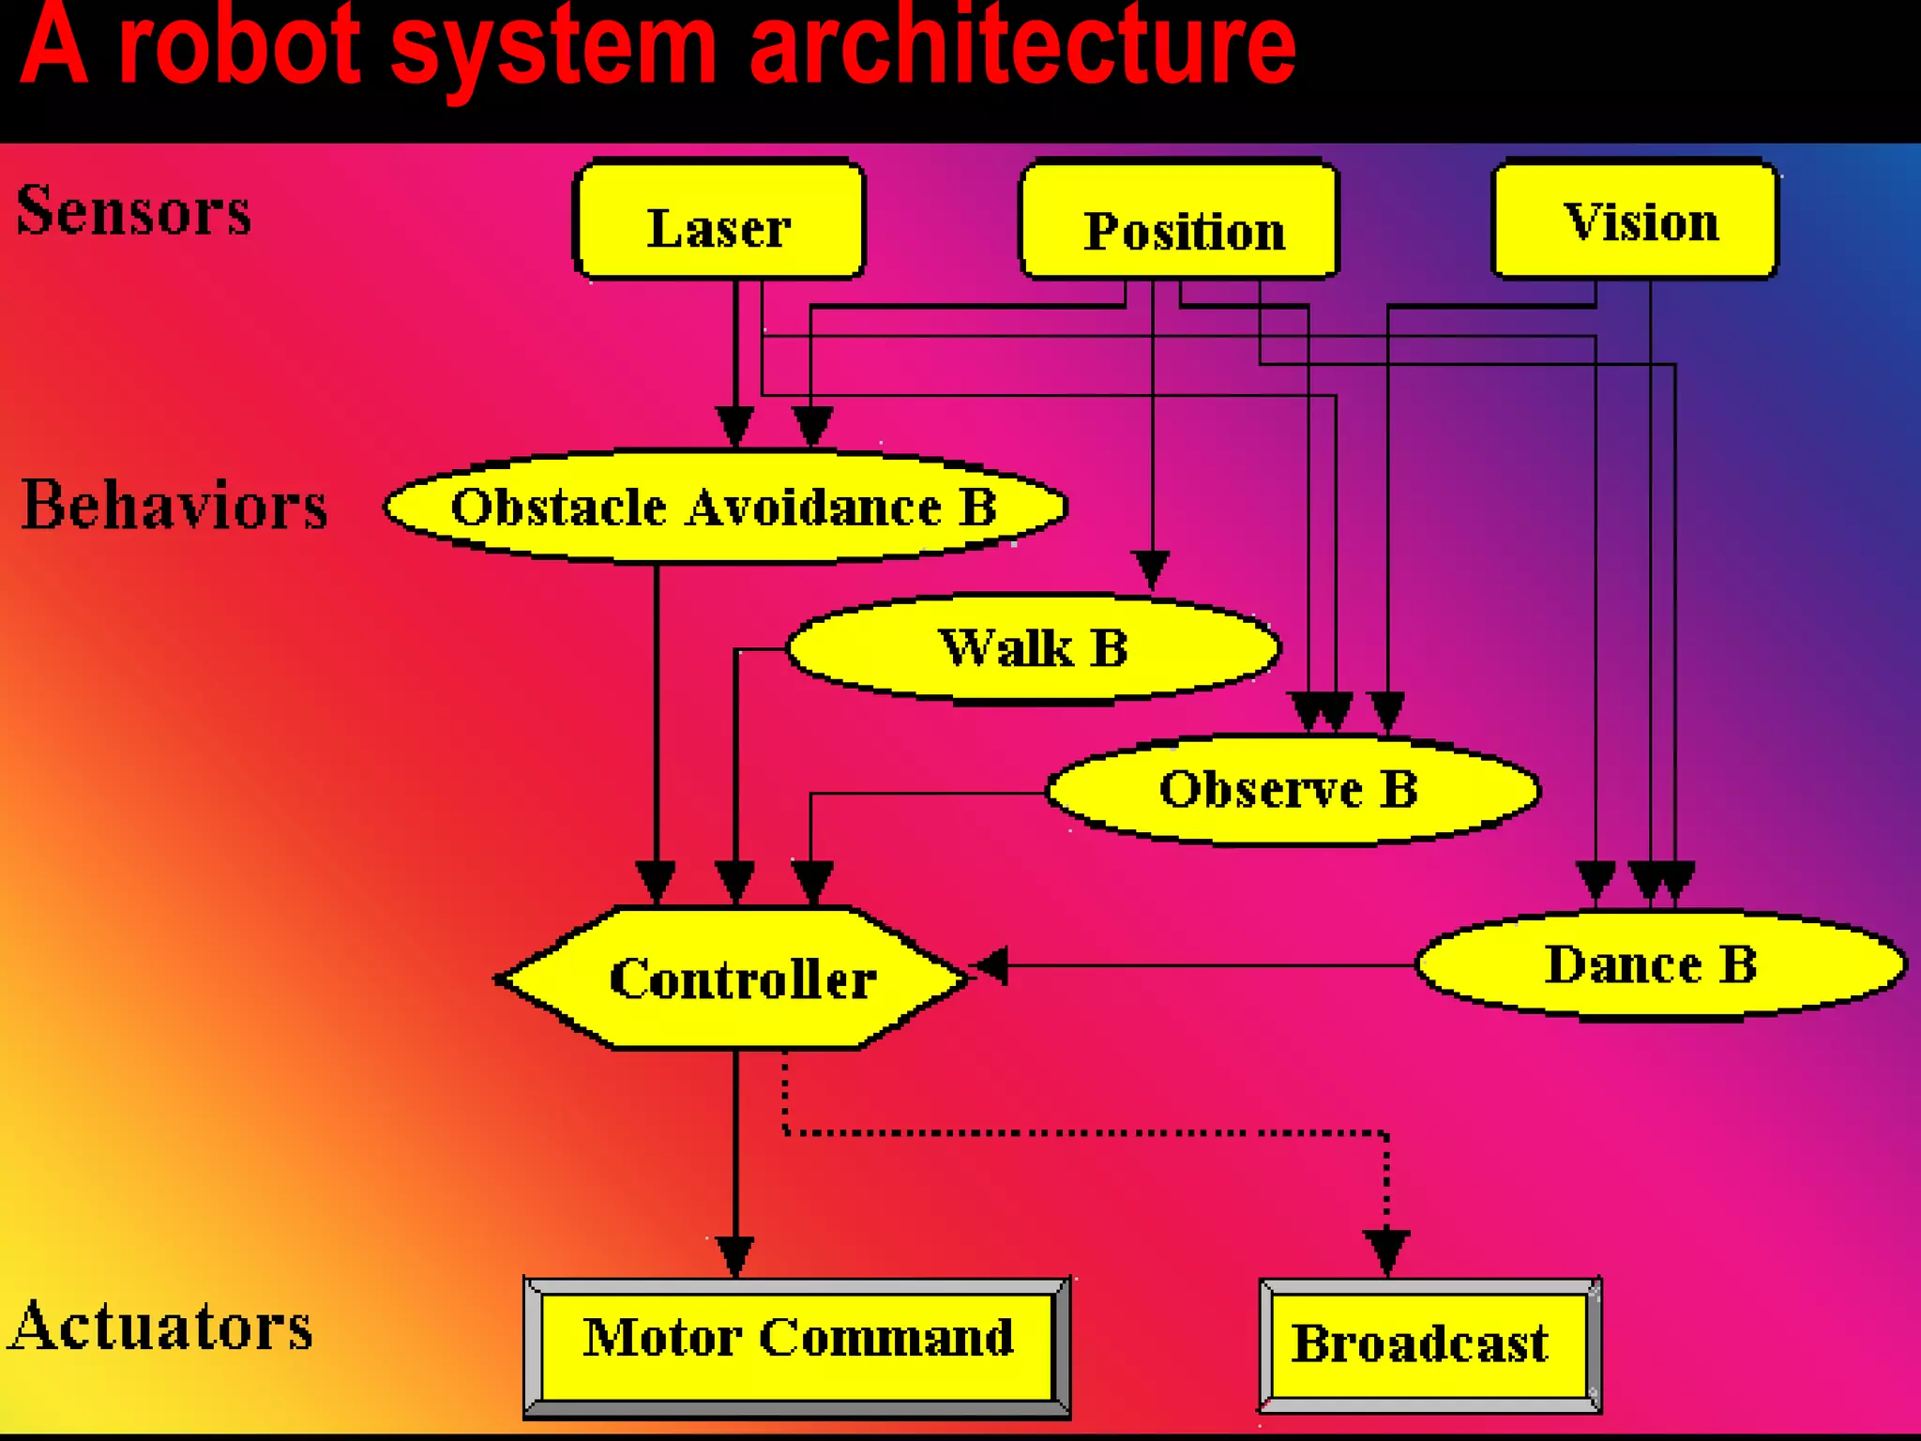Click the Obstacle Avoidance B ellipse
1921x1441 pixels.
pos(724,508)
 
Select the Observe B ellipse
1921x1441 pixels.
pos(1293,790)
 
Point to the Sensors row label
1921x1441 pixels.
pos(134,210)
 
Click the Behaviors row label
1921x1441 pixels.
pos(174,506)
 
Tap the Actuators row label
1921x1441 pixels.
pos(161,1327)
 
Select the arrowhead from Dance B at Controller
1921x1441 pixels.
pos(991,965)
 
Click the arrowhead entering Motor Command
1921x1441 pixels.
pos(735,1255)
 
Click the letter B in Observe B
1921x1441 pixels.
pos(1399,789)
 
